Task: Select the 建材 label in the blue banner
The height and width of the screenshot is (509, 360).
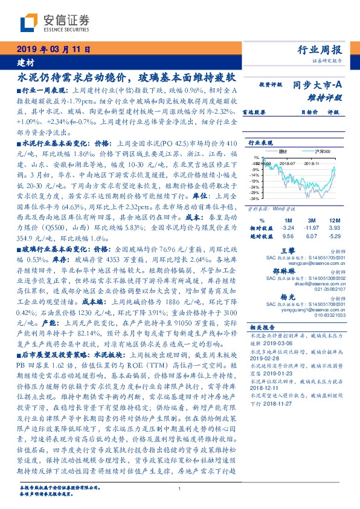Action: [25, 62]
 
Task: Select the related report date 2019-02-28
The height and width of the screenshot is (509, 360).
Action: [265, 358]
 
